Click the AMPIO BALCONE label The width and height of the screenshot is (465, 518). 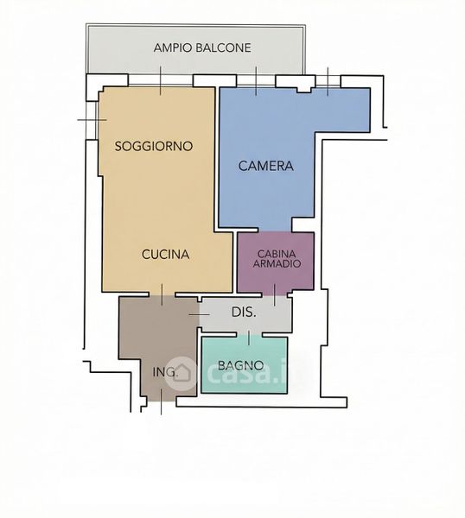tap(202, 47)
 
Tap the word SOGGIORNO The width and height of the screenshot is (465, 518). tap(154, 146)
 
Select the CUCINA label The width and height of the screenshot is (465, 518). tap(165, 254)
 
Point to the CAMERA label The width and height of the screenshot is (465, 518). tap(266, 166)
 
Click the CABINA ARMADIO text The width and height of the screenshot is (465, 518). tap(277, 259)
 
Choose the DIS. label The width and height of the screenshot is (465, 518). tap(244, 313)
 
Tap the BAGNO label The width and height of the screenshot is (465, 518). tap(241, 365)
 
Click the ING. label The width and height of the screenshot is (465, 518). tap(165, 372)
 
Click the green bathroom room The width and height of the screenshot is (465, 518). tap(245, 364)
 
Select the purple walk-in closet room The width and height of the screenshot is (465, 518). tap(276, 262)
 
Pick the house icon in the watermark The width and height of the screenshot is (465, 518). tap(182, 373)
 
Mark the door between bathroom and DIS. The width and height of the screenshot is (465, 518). tap(249, 334)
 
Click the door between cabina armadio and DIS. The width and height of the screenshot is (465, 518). tap(274, 294)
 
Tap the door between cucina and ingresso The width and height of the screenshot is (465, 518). tap(162, 294)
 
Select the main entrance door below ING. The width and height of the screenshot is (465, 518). tap(161, 401)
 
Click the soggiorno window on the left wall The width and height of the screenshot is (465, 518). tap(92, 120)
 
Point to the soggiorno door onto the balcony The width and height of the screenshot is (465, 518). tap(161, 80)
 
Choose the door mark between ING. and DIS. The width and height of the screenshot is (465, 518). tap(199, 314)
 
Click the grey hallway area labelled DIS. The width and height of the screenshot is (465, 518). tap(245, 314)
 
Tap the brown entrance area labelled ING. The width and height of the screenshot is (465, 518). tap(159, 347)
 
